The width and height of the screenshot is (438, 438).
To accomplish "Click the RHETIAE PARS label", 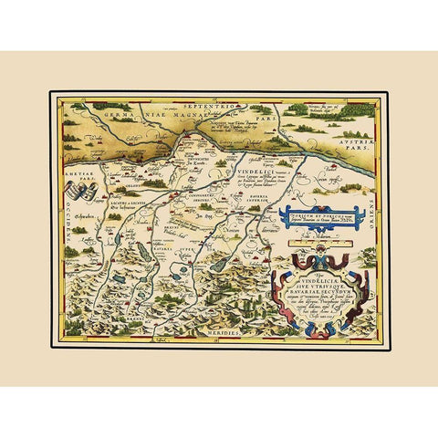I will [77, 181].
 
